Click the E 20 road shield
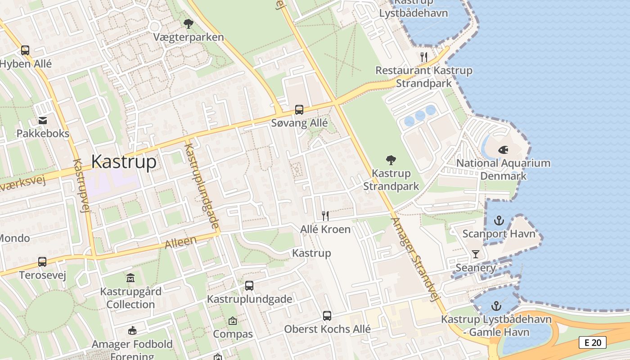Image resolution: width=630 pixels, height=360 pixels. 593,342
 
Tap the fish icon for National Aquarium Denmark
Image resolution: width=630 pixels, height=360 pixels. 504,149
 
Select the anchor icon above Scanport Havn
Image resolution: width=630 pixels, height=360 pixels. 499,220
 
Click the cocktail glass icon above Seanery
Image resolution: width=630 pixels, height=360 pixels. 476,254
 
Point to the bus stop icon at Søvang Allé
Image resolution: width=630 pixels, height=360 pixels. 299,109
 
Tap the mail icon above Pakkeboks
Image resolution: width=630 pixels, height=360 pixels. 43,120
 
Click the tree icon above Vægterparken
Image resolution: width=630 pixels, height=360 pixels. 189,23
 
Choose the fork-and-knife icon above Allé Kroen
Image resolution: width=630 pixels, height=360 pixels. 325,216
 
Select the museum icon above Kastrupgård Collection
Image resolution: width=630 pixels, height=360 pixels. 130,278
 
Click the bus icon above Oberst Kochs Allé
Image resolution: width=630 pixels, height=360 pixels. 327,316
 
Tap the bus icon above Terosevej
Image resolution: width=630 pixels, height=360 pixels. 42,261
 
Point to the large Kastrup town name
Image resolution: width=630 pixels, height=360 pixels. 124,162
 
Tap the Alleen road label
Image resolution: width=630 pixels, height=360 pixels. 181,243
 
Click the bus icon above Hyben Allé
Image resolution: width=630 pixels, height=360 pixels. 25,50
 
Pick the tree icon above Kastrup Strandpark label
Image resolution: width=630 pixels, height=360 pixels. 391,160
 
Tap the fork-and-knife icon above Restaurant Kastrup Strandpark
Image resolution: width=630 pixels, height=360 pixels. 424,57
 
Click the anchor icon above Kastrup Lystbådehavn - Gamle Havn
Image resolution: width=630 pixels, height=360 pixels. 496,306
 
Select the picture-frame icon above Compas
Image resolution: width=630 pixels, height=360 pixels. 233,321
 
